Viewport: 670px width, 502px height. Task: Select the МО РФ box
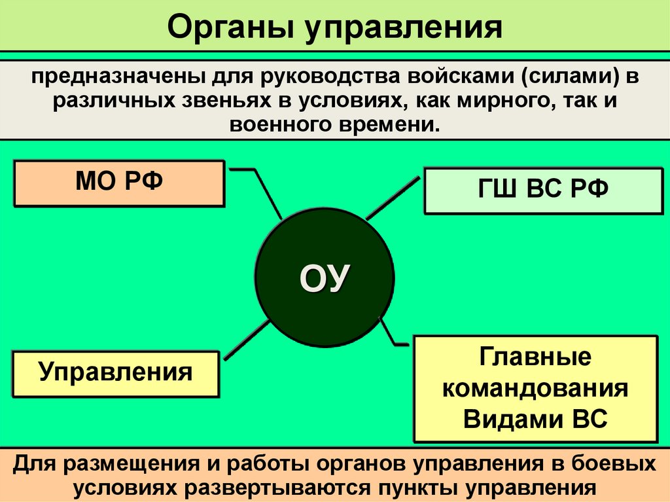pos(119,183)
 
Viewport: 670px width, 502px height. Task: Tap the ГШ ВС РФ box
pos(542,190)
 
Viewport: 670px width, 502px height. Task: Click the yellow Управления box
pos(115,373)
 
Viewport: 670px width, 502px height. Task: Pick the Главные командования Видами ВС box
pos(535,389)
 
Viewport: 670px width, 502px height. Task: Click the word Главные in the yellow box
pos(535,358)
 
